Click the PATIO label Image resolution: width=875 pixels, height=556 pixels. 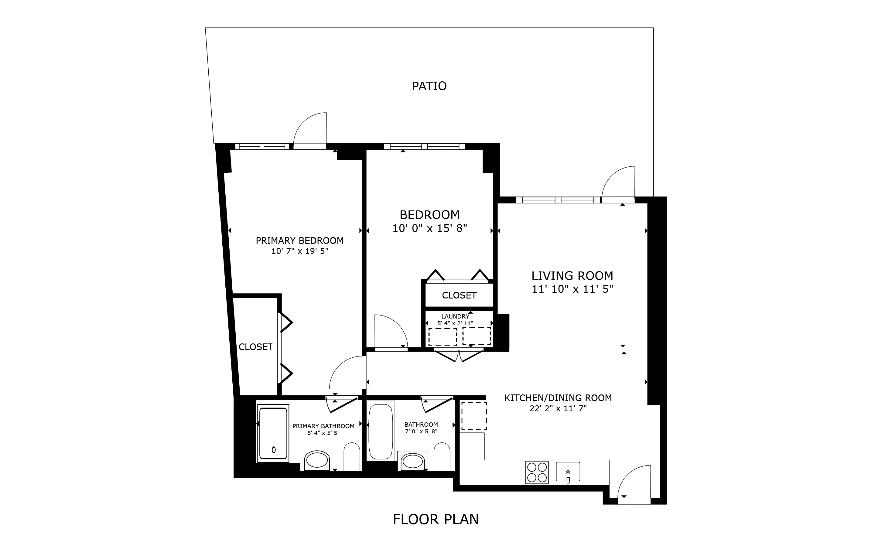[429, 86]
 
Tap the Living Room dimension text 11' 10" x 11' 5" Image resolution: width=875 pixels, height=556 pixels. [572, 289]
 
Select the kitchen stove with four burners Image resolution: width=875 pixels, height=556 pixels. [537, 472]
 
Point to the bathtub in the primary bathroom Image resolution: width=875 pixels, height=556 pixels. [273, 434]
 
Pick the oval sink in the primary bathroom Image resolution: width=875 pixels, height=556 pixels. [317, 461]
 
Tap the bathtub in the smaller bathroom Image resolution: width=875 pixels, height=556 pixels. [381, 432]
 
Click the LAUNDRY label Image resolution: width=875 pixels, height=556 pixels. [455, 316]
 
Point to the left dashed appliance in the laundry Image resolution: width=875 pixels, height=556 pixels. [443, 337]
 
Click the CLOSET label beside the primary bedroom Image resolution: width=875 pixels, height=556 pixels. [255, 347]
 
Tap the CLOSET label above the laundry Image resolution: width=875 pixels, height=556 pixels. [459, 295]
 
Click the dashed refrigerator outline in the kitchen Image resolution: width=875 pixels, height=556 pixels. [474, 416]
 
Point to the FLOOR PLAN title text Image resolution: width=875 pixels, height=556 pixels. [436, 519]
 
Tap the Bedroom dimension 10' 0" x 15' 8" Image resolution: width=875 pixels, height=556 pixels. [429, 229]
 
